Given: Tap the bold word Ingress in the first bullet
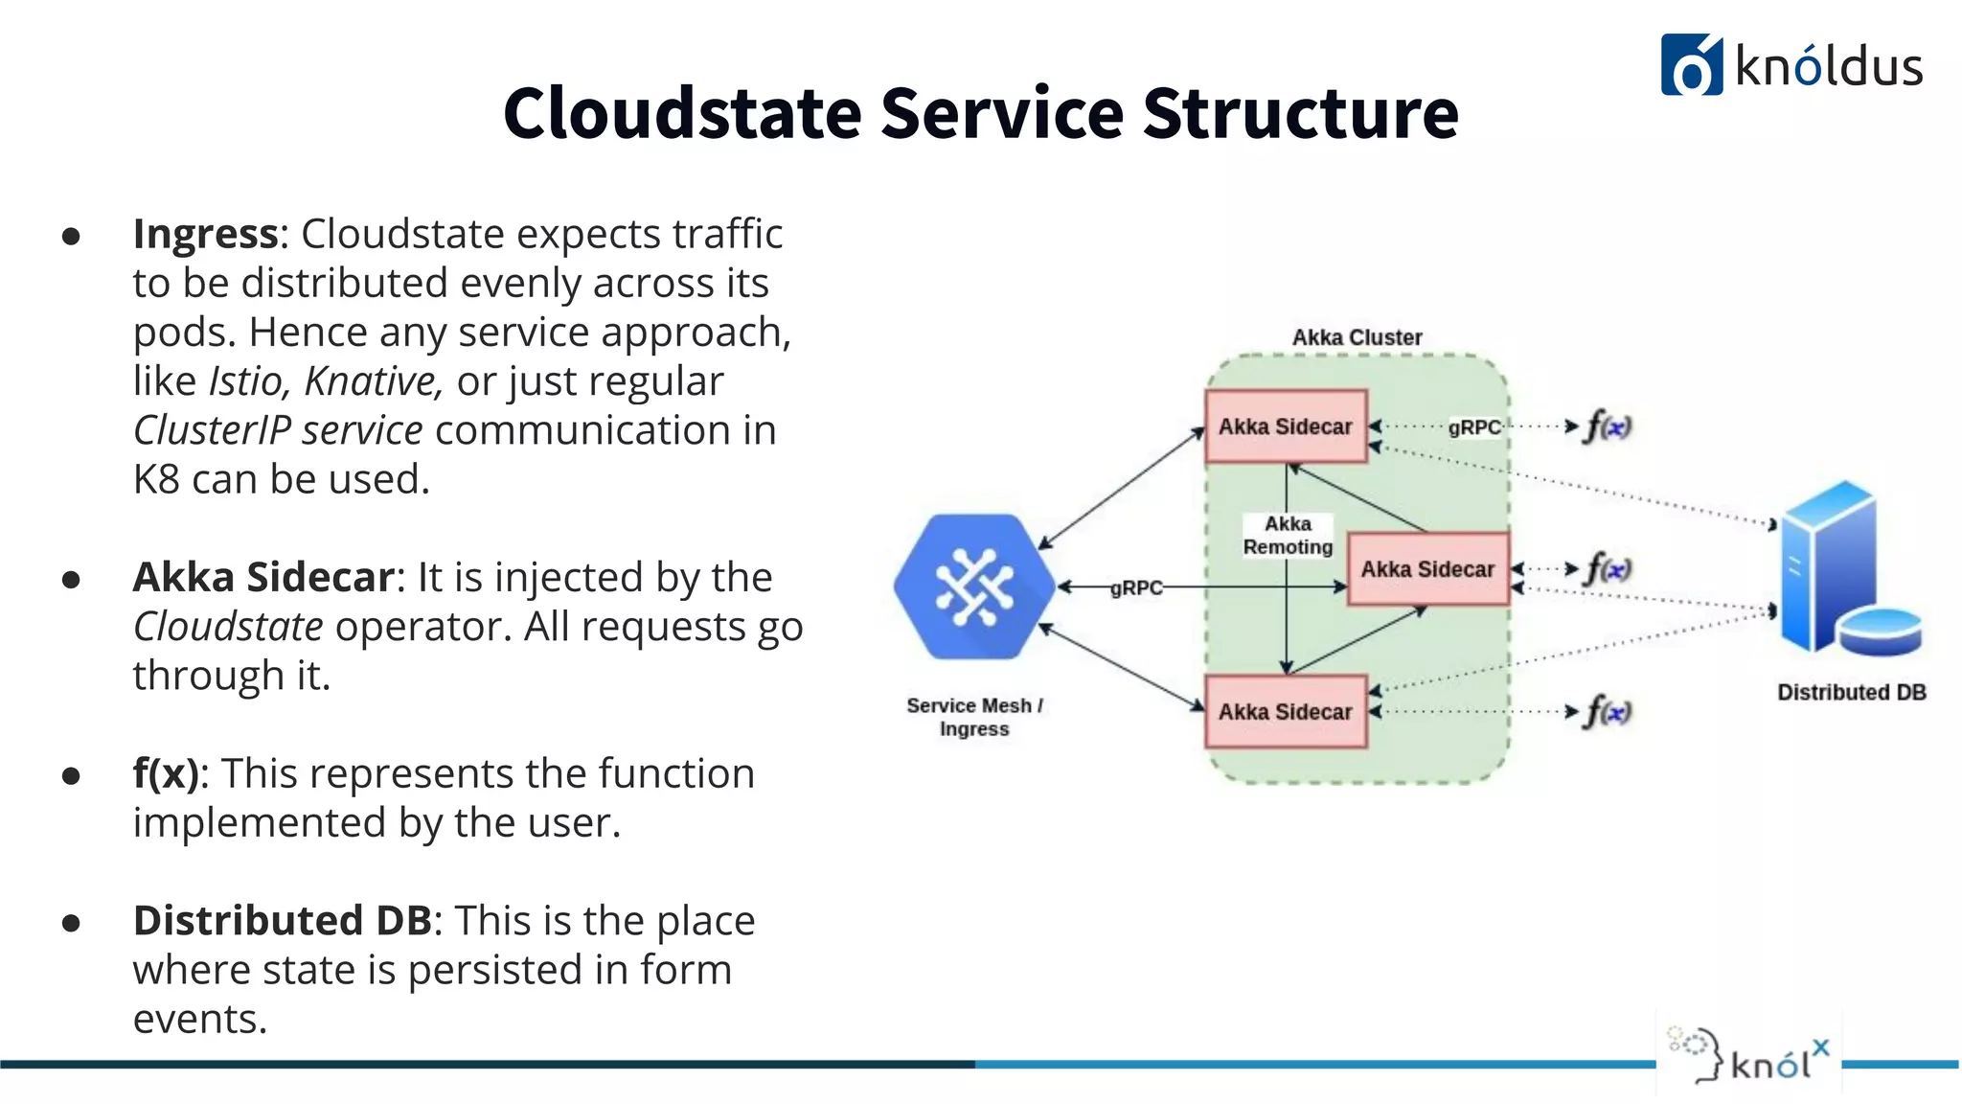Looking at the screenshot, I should [x=205, y=234].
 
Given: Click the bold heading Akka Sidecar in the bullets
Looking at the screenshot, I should [x=263, y=577].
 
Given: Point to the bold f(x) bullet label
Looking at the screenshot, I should [x=166, y=773].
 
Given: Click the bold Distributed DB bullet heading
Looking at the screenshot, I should [x=283, y=921].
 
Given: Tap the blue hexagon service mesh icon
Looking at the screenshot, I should [x=973, y=586].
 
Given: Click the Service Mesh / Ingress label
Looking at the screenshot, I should [x=974, y=717].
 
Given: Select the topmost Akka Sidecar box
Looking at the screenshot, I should [x=1285, y=426].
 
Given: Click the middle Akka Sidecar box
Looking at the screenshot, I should [x=1426, y=569].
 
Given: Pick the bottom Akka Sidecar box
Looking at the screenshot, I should [x=1285, y=712].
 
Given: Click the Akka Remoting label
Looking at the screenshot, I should [x=1288, y=536].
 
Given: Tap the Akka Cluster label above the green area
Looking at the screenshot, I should [x=1357, y=337].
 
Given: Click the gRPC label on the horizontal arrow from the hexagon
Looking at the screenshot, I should [x=1136, y=587].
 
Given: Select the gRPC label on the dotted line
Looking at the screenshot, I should [x=1473, y=427].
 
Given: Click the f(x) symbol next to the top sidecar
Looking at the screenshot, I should [x=1608, y=426].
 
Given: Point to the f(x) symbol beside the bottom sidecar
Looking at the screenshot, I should [x=1608, y=712].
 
